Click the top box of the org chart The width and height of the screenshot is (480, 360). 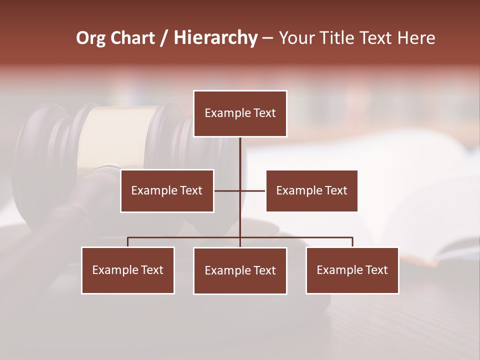click(x=240, y=113)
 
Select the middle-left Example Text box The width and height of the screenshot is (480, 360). click(x=167, y=190)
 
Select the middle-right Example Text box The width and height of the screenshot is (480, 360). click(x=311, y=190)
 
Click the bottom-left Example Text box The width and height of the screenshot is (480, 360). click(x=128, y=270)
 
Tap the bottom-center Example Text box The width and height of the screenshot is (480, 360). click(x=240, y=270)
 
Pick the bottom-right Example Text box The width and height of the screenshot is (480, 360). click(x=352, y=270)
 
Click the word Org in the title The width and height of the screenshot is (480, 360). click(x=90, y=38)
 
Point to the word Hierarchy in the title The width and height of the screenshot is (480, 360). click(x=215, y=38)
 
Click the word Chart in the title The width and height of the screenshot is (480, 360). click(x=132, y=38)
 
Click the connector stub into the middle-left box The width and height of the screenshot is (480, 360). click(x=225, y=190)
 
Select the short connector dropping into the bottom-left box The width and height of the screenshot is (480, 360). click(x=128, y=242)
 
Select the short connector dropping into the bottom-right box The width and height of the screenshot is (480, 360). click(x=352, y=242)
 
